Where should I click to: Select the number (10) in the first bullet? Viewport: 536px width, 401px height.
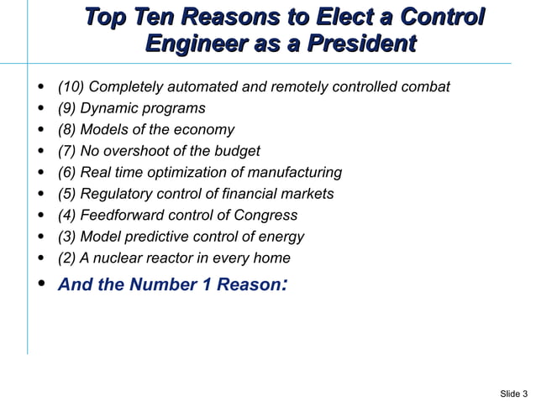coord(71,87)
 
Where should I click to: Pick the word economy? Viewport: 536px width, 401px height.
coord(207,130)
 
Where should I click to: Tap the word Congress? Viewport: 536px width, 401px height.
coord(266,216)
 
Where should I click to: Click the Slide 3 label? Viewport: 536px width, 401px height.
coord(513,393)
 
